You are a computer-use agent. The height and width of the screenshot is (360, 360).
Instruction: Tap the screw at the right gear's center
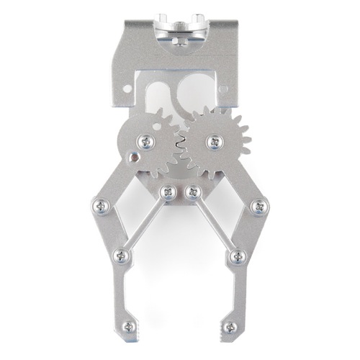click(x=215, y=142)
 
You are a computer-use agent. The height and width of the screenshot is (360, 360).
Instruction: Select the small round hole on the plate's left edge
click(x=127, y=90)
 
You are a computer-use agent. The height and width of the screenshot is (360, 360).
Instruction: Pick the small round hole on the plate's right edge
click(x=222, y=89)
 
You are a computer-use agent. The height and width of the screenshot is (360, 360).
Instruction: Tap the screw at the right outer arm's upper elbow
click(x=257, y=207)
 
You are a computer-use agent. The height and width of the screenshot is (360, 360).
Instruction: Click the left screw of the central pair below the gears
click(x=168, y=192)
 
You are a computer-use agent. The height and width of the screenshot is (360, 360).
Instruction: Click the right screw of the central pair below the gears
click(x=192, y=192)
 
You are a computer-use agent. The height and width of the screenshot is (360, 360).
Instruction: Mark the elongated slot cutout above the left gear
click(x=155, y=94)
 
